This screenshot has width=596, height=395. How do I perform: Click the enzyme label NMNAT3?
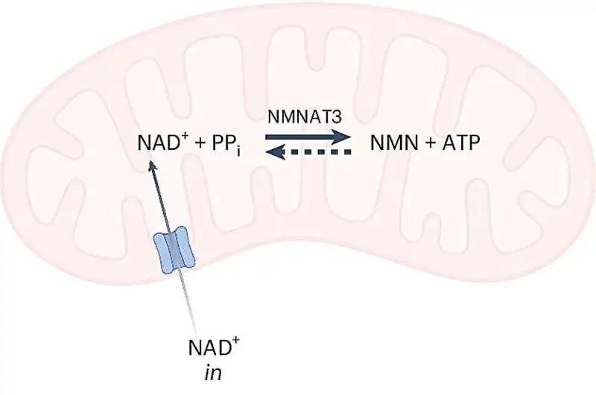[x=305, y=117]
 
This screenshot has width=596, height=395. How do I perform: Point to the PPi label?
[x=226, y=145]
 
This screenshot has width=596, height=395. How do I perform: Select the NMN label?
[x=394, y=143]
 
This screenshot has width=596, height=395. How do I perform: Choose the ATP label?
[x=461, y=143]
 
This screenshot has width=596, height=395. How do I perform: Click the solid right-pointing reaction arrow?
[x=308, y=137]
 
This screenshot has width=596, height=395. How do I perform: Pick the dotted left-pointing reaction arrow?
[x=308, y=152]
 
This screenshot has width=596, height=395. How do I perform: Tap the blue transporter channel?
[x=174, y=250]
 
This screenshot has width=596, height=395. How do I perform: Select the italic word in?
[x=213, y=373]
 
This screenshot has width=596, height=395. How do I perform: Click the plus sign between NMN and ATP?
[x=430, y=144]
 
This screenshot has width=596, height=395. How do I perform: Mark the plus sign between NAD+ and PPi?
[x=199, y=144]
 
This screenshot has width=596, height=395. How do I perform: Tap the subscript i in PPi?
[x=238, y=151]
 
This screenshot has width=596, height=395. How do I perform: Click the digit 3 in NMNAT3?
[x=337, y=117]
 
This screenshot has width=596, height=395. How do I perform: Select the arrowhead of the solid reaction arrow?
[x=341, y=137]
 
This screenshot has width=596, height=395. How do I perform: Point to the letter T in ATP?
[x=461, y=143]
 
